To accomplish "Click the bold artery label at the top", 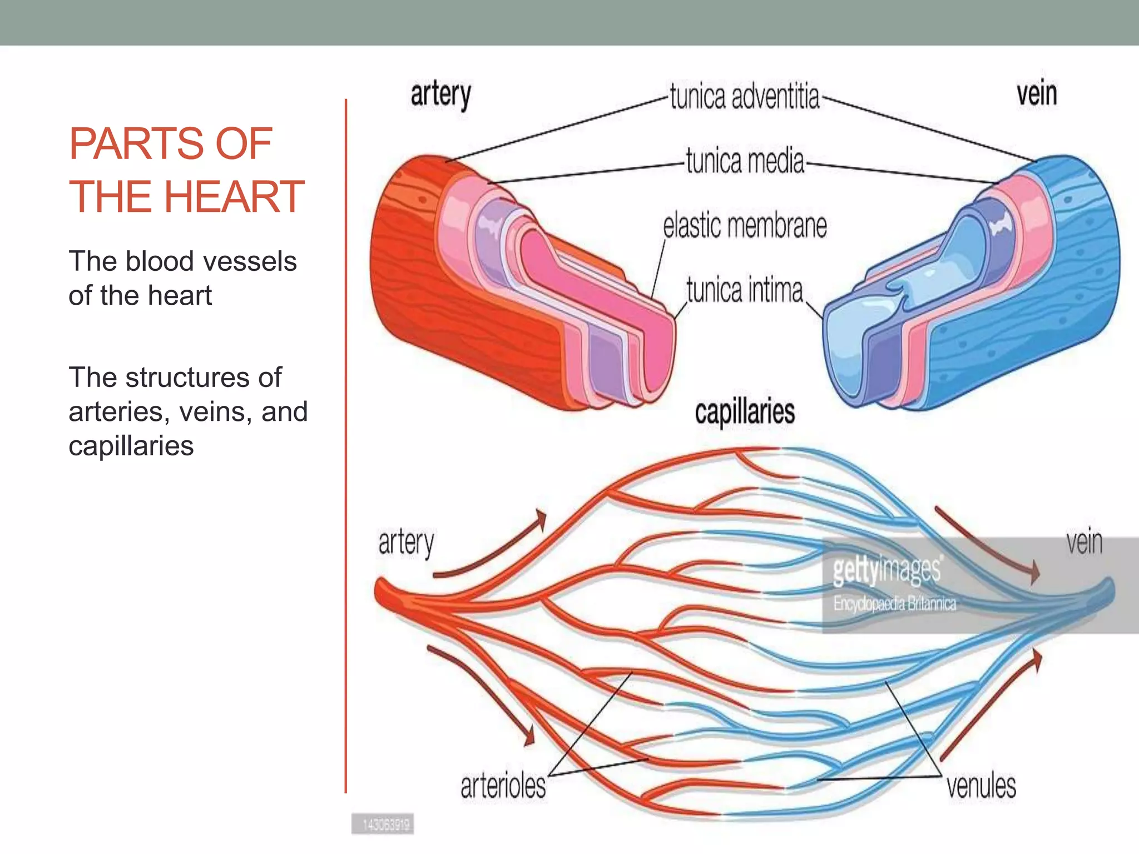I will pyautogui.click(x=440, y=95).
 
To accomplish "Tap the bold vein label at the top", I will pyautogui.click(x=1037, y=93).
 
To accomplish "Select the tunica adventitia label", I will pyautogui.click(x=744, y=97).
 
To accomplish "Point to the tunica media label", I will pyautogui.click(x=745, y=161).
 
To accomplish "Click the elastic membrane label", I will pyautogui.click(x=745, y=226).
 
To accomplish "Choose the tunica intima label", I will pyautogui.click(x=745, y=290).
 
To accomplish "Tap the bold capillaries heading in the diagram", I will pyautogui.click(x=745, y=412).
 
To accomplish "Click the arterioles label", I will pyautogui.click(x=503, y=786).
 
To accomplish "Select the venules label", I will pyautogui.click(x=981, y=786).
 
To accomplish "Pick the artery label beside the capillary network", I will pyautogui.click(x=406, y=543).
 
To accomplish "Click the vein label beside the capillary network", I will pyautogui.click(x=1084, y=542).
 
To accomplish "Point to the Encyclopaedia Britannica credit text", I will pyautogui.click(x=894, y=603).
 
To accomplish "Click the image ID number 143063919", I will pyautogui.click(x=385, y=825).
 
